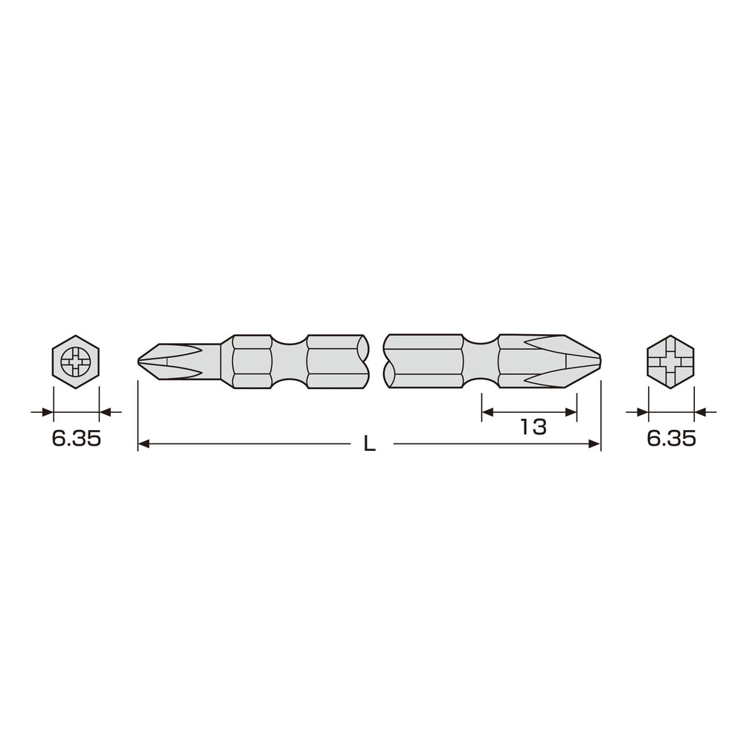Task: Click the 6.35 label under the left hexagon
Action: coord(77,439)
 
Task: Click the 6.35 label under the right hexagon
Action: coord(671,439)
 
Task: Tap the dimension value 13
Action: coord(533,427)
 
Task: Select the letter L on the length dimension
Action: coord(369,443)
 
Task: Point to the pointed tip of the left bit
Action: coord(138,362)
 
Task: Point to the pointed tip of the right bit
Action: coord(600,362)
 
